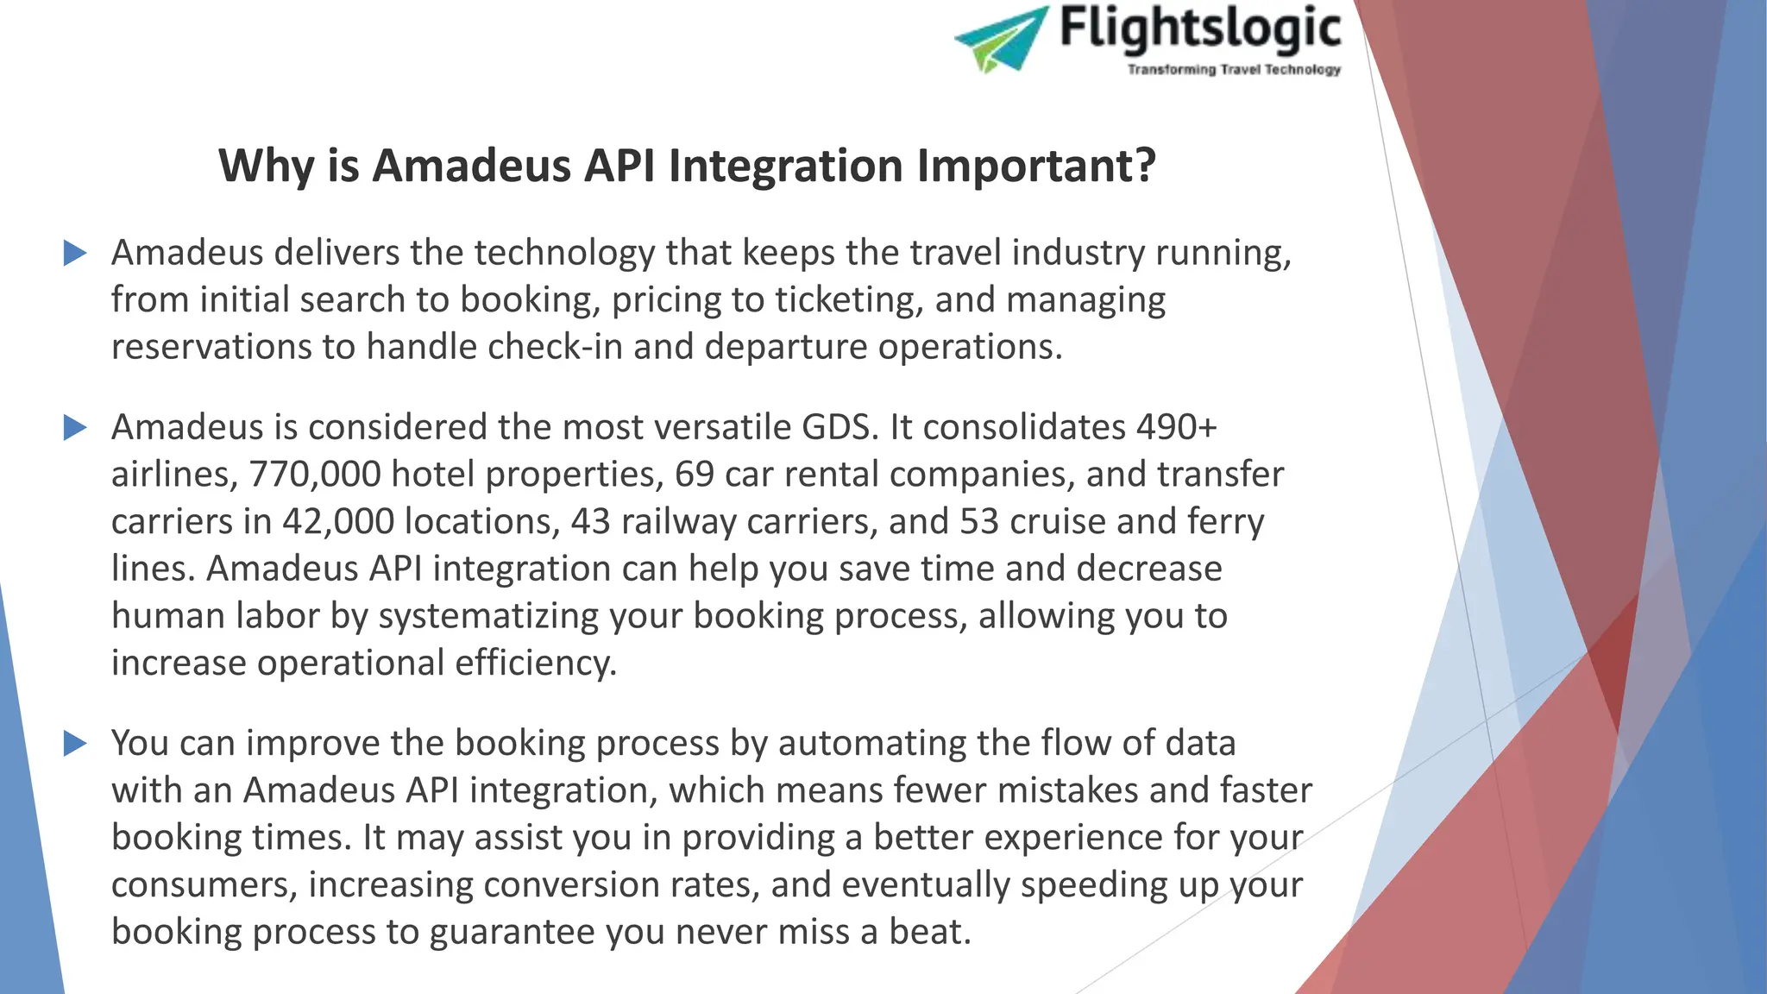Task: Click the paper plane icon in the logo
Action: coord(1001,39)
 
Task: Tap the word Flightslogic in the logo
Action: coord(1200,28)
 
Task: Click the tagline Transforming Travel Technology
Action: coord(1234,70)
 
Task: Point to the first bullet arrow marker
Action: coord(76,254)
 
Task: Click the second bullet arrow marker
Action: coord(76,428)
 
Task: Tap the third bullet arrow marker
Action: coord(76,744)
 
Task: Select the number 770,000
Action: coord(315,475)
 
